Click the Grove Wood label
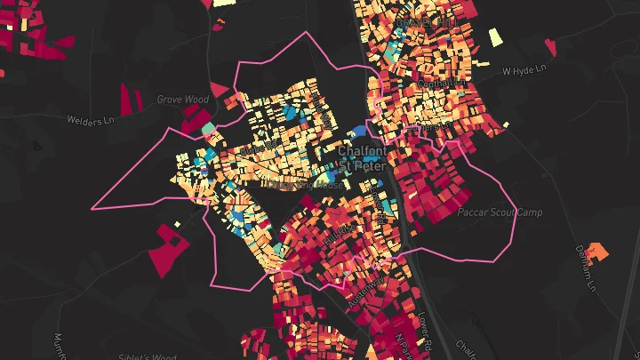tap(183, 100)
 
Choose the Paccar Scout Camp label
tap(499, 213)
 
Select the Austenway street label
tap(365, 292)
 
